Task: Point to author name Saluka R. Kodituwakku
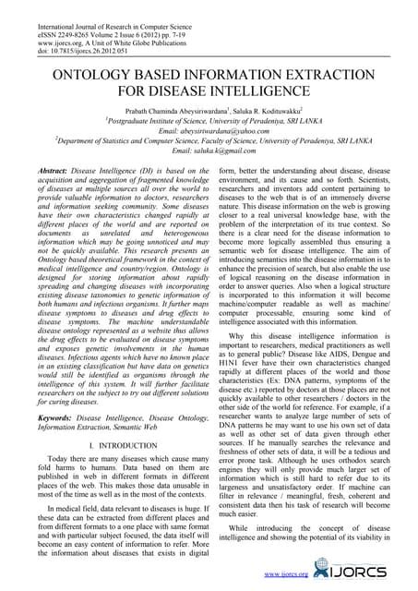276,108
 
